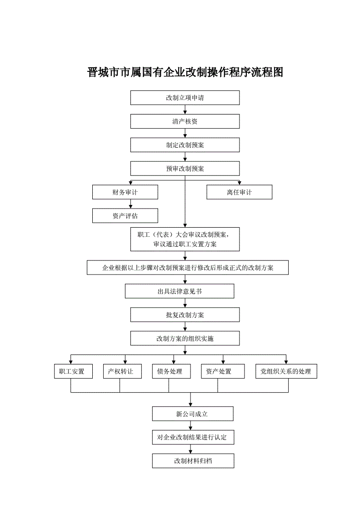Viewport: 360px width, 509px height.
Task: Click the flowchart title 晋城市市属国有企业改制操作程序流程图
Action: pos(185,72)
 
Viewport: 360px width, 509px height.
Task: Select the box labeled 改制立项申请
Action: pos(185,98)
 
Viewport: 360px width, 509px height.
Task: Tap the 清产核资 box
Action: pos(185,121)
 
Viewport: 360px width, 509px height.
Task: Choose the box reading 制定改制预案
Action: pos(185,145)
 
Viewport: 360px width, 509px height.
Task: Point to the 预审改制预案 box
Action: pos(185,169)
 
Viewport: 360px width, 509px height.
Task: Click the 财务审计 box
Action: pos(125,192)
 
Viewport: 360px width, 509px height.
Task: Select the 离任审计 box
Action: pos(239,192)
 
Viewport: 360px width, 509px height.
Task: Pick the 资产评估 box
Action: pos(125,216)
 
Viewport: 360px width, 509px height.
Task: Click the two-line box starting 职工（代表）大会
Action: pos(185,239)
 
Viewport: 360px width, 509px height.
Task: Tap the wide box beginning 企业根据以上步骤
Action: pos(188,268)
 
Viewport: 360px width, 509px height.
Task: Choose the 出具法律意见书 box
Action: pos(180,291)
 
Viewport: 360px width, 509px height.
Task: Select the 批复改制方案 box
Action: pos(185,315)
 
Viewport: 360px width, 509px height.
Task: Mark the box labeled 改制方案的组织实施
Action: pos(185,338)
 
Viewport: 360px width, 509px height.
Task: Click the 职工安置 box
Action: pos(73,371)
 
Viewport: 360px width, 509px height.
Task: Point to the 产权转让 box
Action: pos(122,371)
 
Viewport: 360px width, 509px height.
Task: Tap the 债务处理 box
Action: pos(171,371)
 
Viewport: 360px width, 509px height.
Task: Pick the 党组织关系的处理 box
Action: pos(286,371)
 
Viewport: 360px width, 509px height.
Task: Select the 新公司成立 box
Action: pos(193,414)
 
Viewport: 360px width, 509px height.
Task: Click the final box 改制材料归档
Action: pos(193,461)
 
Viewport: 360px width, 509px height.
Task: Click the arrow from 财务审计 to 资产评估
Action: pos(131,204)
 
